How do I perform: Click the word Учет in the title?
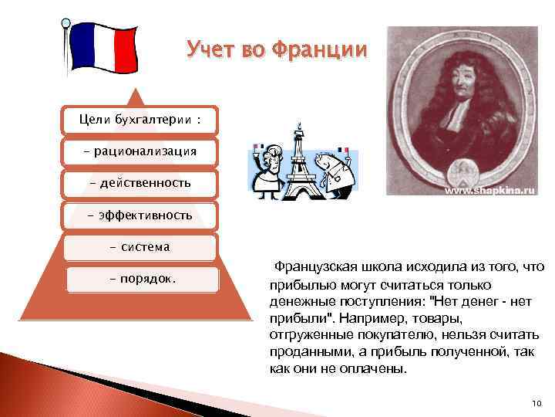(210, 51)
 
